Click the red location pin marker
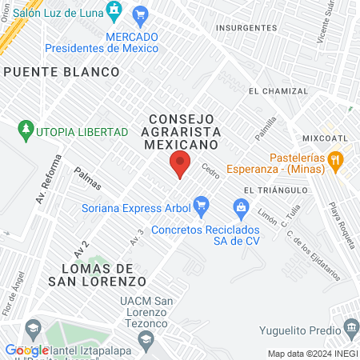[181, 164]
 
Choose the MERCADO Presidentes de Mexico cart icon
[141, 14]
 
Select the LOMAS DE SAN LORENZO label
[98, 274]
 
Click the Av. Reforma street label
[46, 178]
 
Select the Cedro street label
[210, 170]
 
